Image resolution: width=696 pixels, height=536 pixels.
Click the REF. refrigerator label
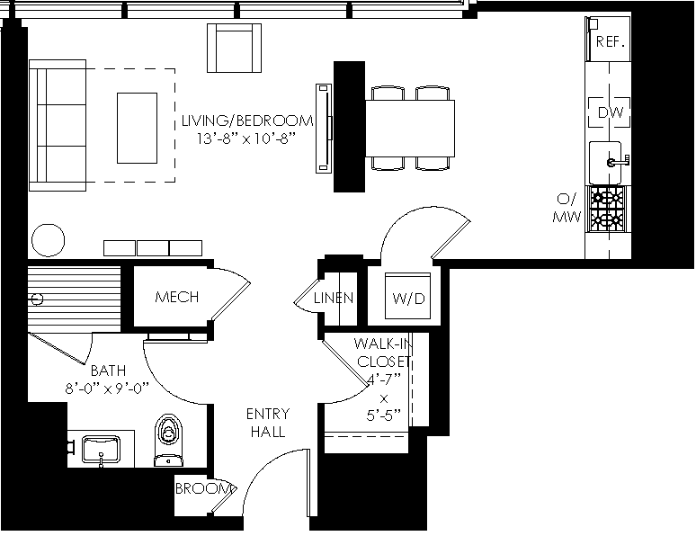[611, 41]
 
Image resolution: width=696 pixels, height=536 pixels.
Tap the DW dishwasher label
[611, 112]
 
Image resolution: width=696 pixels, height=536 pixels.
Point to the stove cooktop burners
[606, 208]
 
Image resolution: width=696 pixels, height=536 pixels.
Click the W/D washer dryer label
[408, 298]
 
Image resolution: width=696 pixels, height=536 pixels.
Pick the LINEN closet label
[334, 298]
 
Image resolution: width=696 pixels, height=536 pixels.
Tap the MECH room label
[176, 297]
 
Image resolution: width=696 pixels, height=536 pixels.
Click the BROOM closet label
[204, 488]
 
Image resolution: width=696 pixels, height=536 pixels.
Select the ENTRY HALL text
[268, 423]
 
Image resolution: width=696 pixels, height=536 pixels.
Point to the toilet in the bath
[169, 440]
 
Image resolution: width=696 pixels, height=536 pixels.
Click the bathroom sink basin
[102, 450]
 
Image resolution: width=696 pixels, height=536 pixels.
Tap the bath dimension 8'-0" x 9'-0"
[106, 389]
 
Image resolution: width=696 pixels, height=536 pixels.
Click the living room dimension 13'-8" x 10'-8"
[246, 139]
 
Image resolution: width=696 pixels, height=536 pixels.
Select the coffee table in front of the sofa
[138, 128]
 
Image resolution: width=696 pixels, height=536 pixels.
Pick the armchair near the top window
[234, 48]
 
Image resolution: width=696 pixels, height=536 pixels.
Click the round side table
[49, 240]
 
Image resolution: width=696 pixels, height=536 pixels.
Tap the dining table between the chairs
[410, 129]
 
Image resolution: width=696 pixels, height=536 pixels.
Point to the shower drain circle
[38, 299]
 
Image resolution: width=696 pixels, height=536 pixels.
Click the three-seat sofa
[58, 125]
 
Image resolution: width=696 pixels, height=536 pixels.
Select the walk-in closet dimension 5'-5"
[384, 415]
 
